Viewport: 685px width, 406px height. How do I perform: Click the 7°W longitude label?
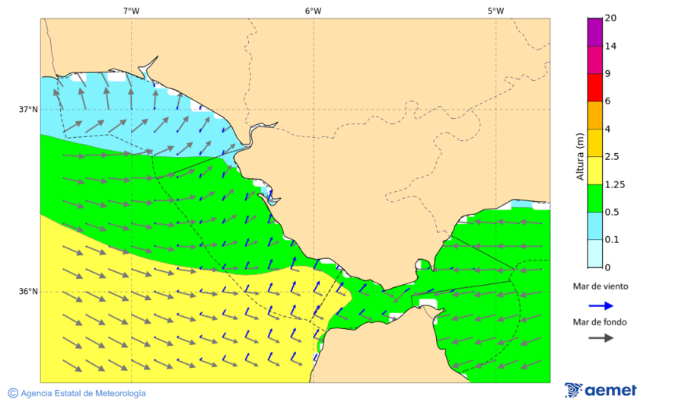pyautogui.click(x=131, y=11)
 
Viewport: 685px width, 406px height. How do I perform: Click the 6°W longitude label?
pyautogui.click(x=313, y=11)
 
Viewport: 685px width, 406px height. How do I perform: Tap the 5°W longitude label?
pyautogui.click(x=495, y=11)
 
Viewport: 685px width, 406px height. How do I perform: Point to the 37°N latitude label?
pyautogui.click(x=28, y=109)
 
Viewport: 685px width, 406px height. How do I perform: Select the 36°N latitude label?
pyautogui.click(x=28, y=292)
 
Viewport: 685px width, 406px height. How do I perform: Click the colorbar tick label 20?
pyautogui.click(x=610, y=18)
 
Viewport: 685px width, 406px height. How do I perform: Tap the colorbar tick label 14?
pyautogui.click(x=610, y=46)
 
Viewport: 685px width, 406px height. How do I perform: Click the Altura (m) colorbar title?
pyautogui.click(x=579, y=156)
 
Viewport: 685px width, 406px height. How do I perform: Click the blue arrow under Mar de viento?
pyautogui.click(x=601, y=305)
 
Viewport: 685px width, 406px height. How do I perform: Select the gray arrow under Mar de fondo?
pyautogui.click(x=601, y=337)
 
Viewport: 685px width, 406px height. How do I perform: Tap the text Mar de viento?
pyautogui.click(x=601, y=286)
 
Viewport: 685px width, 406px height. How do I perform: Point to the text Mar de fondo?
pyautogui.click(x=601, y=322)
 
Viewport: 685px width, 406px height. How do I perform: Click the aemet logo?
pyautogui.click(x=601, y=390)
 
